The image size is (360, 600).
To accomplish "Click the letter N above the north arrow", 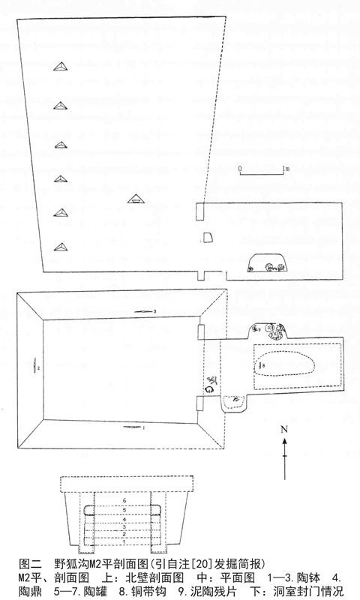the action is pyautogui.click(x=283, y=429).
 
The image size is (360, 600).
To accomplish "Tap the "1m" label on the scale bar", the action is pyautogui.click(x=286, y=168).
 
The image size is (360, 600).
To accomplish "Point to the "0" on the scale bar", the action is pyautogui.click(x=240, y=169).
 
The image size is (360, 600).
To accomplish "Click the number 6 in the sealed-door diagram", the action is pyautogui.click(x=124, y=500).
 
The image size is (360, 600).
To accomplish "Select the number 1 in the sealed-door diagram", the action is pyautogui.click(x=124, y=541).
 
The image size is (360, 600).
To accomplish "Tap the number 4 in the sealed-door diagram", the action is pyautogui.click(x=124, y=520).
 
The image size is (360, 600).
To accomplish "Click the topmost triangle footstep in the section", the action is pyautogui.click(x=61, y=67).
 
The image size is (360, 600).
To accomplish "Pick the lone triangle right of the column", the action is pyautogui.click(x=135, y=198).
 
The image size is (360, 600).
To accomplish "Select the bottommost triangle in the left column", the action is pyautogui.click(x=61, y=247).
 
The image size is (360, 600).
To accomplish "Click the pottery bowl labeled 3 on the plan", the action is pyautogui.click(x=143, y=312).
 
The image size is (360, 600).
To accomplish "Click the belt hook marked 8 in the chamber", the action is pyautogui.click(x=260, y=365).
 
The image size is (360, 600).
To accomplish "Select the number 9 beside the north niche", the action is pyautogui.click(x=259, y=329).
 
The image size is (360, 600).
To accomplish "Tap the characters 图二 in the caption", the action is pyautogui.click(x=30, y=564).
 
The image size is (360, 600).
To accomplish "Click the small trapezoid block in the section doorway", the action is pyautogui.click(x=207, y=238).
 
